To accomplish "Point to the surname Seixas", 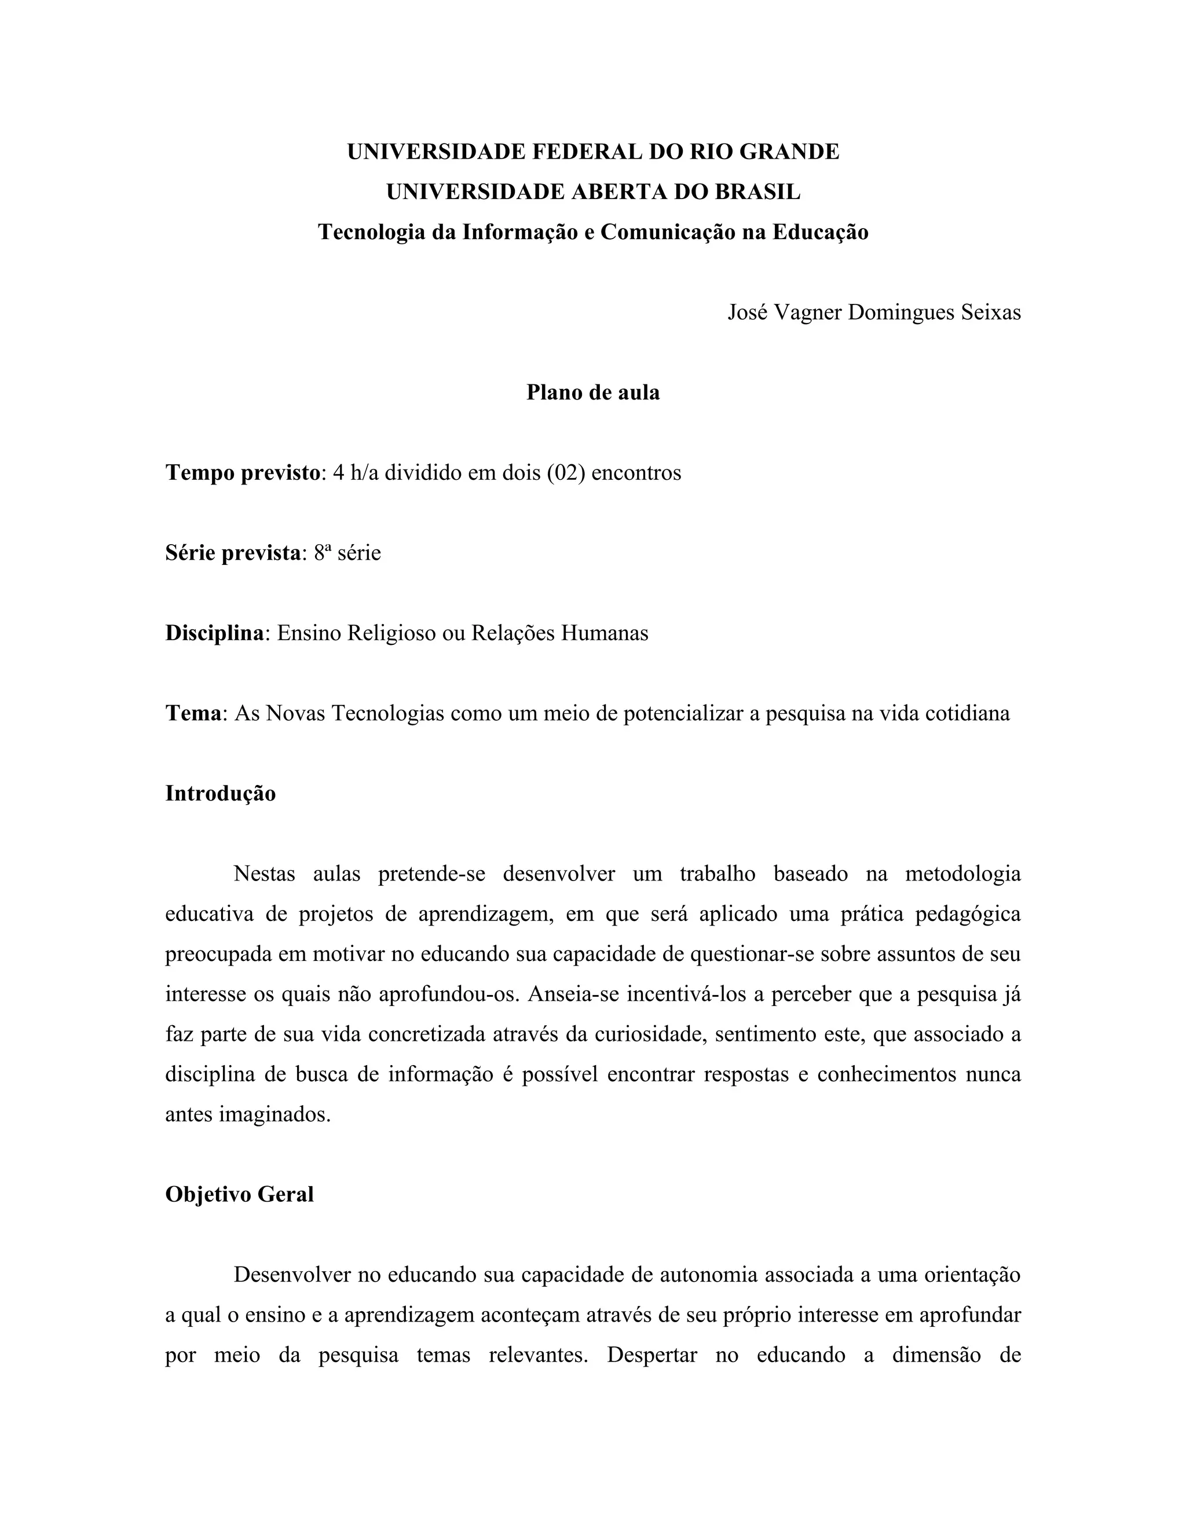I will [x=991, y=312].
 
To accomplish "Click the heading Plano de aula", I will [x=593, y=392].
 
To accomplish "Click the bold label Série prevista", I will [x=233, y=553].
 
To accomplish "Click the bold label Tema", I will [x=193, y=714].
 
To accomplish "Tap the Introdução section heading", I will [x=221, y=794].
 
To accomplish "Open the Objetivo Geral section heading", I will [x=240, y=1195].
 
